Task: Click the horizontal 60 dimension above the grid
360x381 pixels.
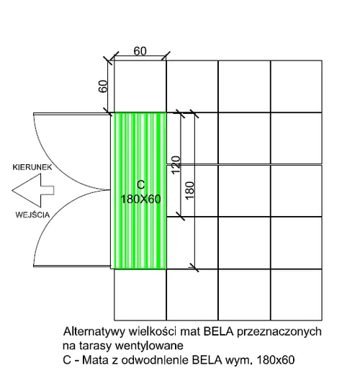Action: pos(140,51)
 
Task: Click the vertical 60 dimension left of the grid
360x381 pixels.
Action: pos(103,86)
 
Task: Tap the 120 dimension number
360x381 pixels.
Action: pos(176,165)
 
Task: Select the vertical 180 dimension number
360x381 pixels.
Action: pos(189,191)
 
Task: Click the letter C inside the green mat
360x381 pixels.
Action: pos(141,184)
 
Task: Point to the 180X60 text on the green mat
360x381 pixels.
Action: pos(140,200)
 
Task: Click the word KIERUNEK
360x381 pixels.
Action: pos(32,167)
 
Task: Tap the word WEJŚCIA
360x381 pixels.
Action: pos(32,215)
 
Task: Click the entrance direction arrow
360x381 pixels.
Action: pos(33,190)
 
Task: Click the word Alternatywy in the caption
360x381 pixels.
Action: pos(94,332)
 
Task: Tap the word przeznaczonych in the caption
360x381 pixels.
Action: pos(279,332)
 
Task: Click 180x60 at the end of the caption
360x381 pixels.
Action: pos(276,360)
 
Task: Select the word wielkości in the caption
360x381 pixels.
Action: pos(152,331)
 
